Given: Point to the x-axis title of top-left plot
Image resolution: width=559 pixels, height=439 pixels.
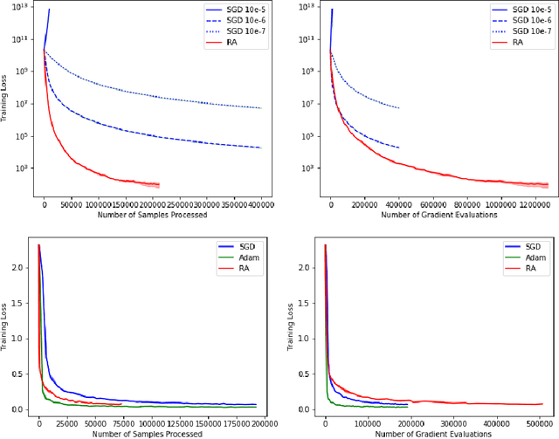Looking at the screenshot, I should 152,214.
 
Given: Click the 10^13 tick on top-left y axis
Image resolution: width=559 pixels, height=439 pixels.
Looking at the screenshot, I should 22,7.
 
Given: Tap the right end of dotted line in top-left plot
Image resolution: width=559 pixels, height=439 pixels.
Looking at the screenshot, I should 261,108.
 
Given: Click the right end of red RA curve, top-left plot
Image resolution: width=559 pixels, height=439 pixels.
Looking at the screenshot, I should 159,185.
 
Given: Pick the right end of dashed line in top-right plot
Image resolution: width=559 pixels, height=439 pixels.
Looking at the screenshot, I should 399,147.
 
